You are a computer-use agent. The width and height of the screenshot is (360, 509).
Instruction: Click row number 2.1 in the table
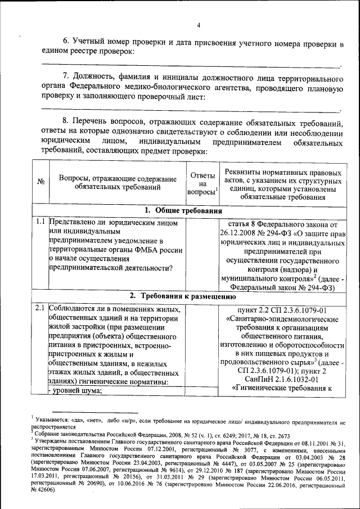click(x=40, y=308)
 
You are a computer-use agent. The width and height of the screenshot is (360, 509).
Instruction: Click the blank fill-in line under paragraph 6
click(x=191, y=66)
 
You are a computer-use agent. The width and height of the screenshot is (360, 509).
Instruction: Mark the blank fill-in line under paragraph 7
click(x=191, y=110)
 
